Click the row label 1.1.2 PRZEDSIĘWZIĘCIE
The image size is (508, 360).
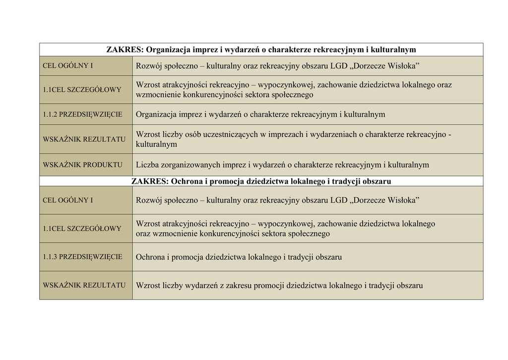click(x=82, y=114)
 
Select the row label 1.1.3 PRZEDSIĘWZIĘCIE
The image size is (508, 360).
click(x=82, y=257)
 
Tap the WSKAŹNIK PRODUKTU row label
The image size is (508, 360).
click(x=82, y=165)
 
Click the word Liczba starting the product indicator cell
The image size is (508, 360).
click(x=147, y=165)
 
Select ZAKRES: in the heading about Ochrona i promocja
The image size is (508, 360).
click(x=150, y=181)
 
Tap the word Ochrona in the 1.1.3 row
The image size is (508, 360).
click(x=150, y=257)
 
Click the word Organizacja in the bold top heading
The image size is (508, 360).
click(x=169, y=50)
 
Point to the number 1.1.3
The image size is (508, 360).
click(x=50, y=257)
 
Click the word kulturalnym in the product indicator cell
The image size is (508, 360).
click(x=408, y=165)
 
